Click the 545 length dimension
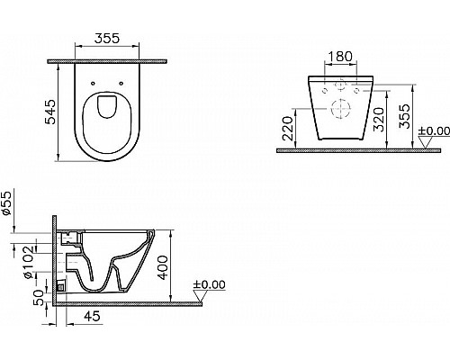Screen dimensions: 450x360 (50, 112)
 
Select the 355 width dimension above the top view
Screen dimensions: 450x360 (107, 39)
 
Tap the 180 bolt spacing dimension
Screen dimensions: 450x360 (340, 56)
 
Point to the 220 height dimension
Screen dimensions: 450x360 (288, 129)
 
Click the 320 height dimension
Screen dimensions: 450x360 (379, 120)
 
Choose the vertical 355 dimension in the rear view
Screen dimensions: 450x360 (404, 116)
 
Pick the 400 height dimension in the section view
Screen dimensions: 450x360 (163, 267)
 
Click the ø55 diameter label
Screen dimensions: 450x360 (6, 203)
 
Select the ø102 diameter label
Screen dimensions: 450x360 (30, 262)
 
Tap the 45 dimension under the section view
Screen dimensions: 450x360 (92, 316)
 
